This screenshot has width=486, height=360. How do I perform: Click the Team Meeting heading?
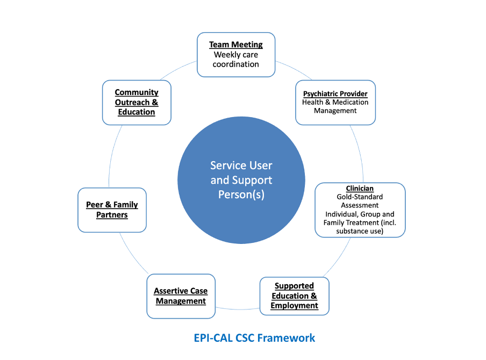click(x=236, y=45)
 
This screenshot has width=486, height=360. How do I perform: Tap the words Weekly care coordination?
click(x=236, y=60)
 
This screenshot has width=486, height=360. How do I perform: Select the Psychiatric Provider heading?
click(x=335, y=94)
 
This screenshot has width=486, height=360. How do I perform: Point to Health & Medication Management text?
click(x=335, y=106)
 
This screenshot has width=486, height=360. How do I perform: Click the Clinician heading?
click(x=360, y=189)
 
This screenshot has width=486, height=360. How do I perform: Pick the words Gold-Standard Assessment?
click(x=360, y=201)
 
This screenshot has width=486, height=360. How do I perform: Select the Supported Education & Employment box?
click(x=294, y=296)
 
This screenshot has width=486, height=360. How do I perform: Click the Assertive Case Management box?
click(x=181, y=296)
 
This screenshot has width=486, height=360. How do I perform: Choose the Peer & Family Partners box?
click(x=112, y=210)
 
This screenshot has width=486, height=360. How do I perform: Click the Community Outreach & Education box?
click(x=137, y=102)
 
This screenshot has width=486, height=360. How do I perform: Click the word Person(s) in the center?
click(x=241, y=195)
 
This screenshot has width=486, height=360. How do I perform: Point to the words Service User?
click(x=241, y=165)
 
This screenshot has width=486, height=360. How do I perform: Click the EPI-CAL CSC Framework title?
click(x=254, y=337)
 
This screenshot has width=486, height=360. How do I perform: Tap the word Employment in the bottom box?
click(x=294, y=306)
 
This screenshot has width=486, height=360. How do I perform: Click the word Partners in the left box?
click(x=112, y=215)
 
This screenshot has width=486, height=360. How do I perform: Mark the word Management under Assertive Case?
click(x=181, y=301)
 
